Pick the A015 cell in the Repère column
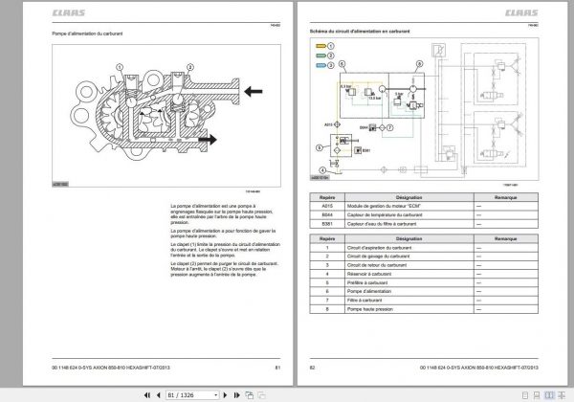click(x=327, y=204)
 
